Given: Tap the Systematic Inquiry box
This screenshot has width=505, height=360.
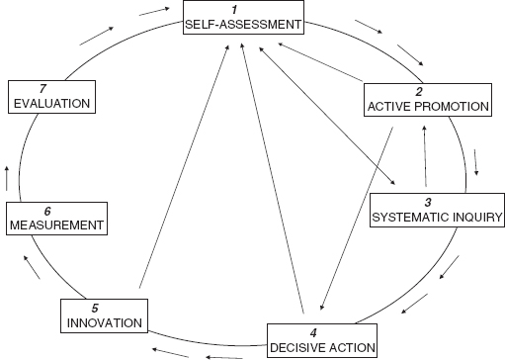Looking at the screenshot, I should point(436,208).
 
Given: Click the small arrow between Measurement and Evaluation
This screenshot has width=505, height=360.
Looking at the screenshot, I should point(10,178).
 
